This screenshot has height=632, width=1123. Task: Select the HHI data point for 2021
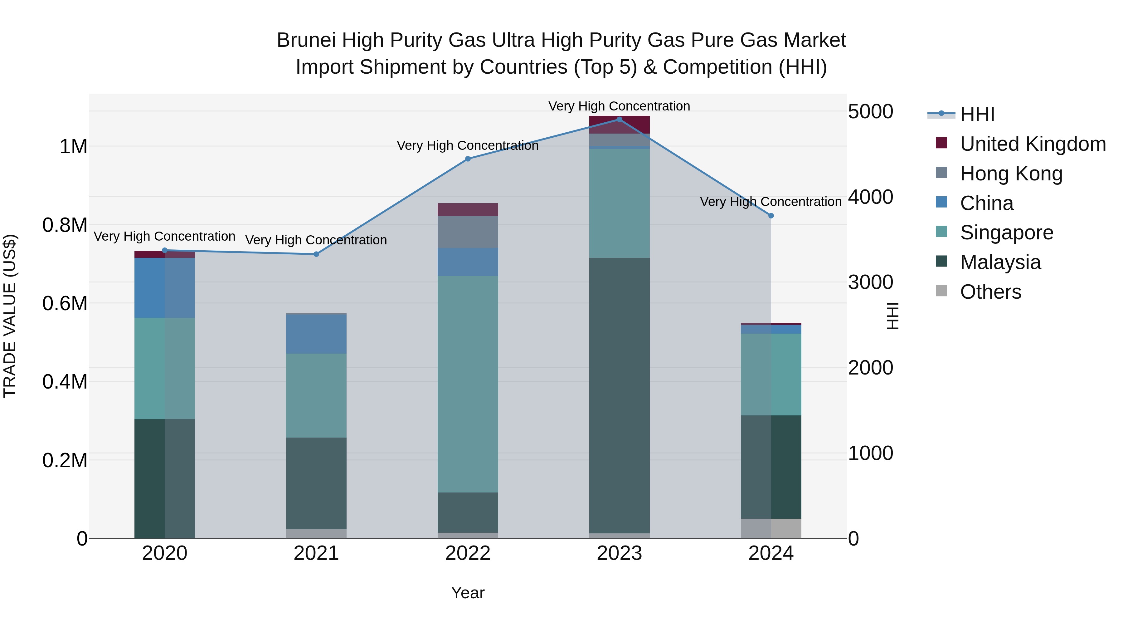[x=317, y=254]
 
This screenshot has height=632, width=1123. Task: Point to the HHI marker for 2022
[x=468, y=159]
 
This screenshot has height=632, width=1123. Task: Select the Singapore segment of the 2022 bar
[x=468, y=384]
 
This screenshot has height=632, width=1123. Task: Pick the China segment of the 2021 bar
[x=317, y=334]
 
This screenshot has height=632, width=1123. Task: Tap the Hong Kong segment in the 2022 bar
[x=468, y=232]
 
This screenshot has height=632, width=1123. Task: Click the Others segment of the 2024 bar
[x=771, y=528]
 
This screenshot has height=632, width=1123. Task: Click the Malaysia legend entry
[x=1000, y=262]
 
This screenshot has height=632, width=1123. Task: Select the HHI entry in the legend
[x=977, y=114]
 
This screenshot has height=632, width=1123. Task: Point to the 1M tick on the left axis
[x=73, y=147]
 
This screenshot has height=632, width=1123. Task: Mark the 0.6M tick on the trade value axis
[x=65, y=303]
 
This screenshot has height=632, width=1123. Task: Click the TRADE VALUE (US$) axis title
[x=10, y=316]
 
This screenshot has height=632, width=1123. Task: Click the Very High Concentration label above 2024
[x=771, y=202]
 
